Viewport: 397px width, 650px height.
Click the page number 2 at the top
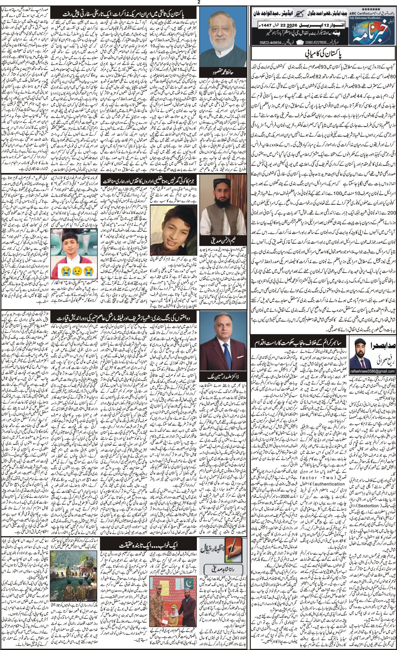click(x=198, y=2)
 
